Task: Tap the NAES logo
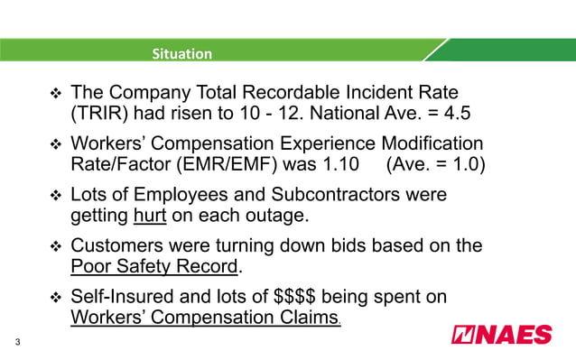(501, 336)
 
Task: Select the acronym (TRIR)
(97, 115)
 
